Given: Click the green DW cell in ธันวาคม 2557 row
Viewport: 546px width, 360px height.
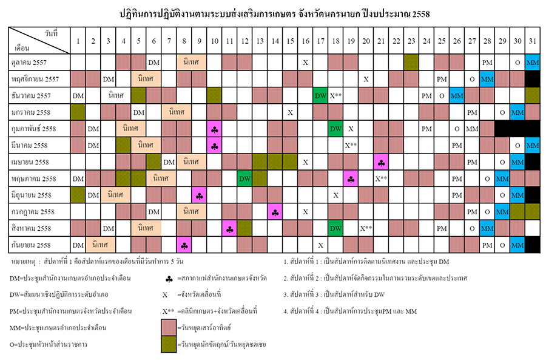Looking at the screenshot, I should (320, 96).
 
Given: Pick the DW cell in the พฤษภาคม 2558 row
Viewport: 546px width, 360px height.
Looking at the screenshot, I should (244, 178).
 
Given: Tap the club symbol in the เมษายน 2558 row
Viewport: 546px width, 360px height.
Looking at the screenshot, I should (381, 162).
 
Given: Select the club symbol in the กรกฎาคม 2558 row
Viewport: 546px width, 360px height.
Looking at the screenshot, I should (275, 212).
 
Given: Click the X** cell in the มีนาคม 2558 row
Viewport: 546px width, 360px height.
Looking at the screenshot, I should (351, 146).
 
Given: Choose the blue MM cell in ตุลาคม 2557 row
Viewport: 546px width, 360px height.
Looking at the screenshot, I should (532, 63).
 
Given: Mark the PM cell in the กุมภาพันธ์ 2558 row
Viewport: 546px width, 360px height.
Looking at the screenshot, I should (426, 129).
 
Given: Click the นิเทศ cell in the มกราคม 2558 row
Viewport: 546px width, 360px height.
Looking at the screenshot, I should (177, 112).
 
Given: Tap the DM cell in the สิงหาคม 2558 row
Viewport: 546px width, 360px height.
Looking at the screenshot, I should (108, 228).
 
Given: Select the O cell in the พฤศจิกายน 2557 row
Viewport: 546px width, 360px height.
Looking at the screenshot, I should (472, 79).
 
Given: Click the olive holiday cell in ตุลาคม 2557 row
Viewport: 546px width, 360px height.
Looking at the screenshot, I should (411, 63).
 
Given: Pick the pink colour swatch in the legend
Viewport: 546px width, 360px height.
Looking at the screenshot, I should (169, 327).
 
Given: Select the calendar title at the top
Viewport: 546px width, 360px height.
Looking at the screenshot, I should (272, 13).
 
